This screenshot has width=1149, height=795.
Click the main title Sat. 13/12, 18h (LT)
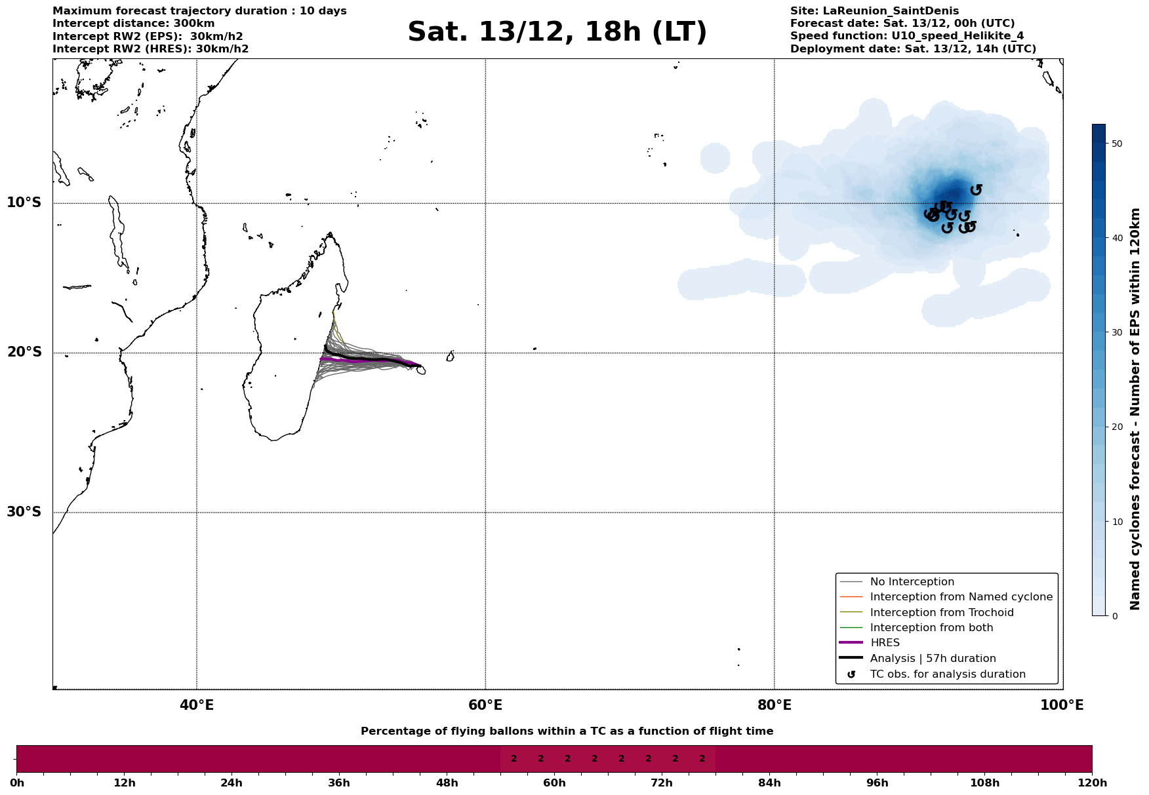[x=557, y=32]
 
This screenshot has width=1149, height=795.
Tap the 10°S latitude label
[x=24, y=203]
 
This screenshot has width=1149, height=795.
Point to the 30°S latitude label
[x=24, y=512]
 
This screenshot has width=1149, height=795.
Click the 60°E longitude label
[x=485, y=705]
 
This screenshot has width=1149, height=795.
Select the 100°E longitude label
[x=1062, y=705]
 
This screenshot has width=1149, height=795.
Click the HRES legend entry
[x=885, y=643]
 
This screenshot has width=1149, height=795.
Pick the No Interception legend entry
[x=912, y=582]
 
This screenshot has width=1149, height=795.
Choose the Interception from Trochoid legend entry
[x=941, y=613]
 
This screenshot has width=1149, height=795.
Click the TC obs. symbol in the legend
[x=851, y=674]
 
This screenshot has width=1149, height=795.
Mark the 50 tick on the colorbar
[x=1117, y=144]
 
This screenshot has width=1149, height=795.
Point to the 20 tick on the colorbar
[x=1117, y=427]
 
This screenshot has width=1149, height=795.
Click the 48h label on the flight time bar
[x=447, y=783]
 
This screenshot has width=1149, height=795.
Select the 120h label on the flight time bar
[x=1092, y=783]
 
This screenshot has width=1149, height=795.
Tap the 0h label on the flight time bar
[x=17, y=783]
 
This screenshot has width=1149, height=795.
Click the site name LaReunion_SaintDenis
[x=891, y=11]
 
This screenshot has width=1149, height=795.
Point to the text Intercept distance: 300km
[x=133, y=24]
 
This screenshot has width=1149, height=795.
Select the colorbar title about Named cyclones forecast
[x=1135, y=409]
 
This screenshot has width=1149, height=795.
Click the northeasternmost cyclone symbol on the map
[x=976, y=189]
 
